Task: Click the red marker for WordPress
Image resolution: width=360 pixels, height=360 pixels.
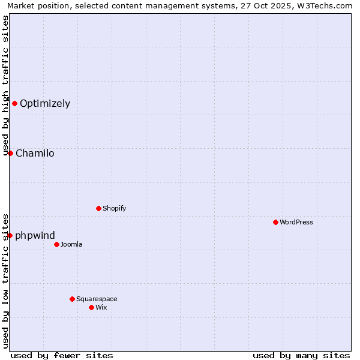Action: (275, 222)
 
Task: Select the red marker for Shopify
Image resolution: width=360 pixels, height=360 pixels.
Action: (98, 208)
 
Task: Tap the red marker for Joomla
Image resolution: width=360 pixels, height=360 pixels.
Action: (56, 244)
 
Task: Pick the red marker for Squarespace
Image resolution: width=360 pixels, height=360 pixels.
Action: (72, 299)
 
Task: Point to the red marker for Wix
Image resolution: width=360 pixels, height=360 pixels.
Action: (91, 307)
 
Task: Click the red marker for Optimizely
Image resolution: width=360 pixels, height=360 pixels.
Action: (14, 103)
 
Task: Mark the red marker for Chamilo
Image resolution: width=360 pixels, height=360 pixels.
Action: (10, 153)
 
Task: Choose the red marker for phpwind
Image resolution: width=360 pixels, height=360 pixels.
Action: (10, 235)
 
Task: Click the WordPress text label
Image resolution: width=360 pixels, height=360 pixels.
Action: (296, 222)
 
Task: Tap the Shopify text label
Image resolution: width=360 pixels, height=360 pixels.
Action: (114, 208)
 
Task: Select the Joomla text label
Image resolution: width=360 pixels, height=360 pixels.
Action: (71, 244)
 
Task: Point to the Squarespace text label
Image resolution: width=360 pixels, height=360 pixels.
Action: (97, 299)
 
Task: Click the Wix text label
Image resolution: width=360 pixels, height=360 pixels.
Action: (101, 307)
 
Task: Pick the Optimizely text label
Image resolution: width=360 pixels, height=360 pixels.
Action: (45, 103)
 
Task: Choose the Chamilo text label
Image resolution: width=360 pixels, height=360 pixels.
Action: (35, 153)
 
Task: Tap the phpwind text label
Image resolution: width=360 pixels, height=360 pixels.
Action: (35, 235)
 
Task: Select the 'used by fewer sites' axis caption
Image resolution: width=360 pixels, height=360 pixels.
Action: (62, 355)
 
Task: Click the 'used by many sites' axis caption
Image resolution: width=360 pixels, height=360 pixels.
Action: (301, 355)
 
